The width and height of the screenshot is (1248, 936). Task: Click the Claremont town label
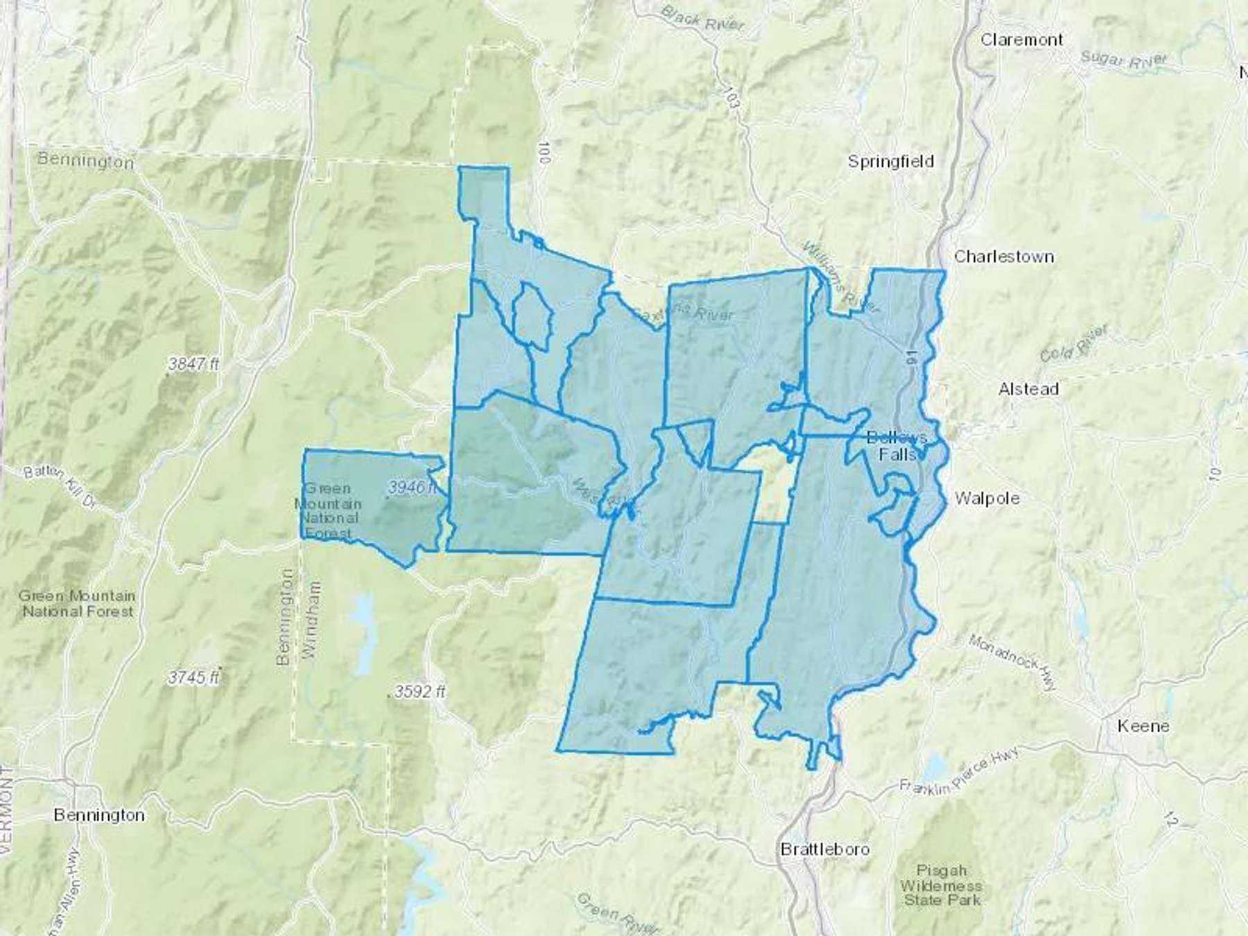1021,40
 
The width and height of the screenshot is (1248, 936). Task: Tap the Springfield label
891,162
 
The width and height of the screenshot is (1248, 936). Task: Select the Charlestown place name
1003,257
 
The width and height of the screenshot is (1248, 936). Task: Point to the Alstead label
1028,389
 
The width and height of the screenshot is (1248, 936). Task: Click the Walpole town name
987,498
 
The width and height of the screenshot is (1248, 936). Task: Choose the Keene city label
1143,726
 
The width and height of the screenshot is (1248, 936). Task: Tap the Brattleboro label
824,849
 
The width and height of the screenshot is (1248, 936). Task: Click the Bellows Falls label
897,446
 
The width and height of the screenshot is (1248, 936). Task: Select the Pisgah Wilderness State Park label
942,885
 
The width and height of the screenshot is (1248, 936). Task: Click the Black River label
702,18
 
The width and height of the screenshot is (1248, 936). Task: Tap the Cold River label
1073,344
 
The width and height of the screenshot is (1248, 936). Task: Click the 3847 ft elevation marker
193,363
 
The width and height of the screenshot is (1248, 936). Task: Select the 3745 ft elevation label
193,677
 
